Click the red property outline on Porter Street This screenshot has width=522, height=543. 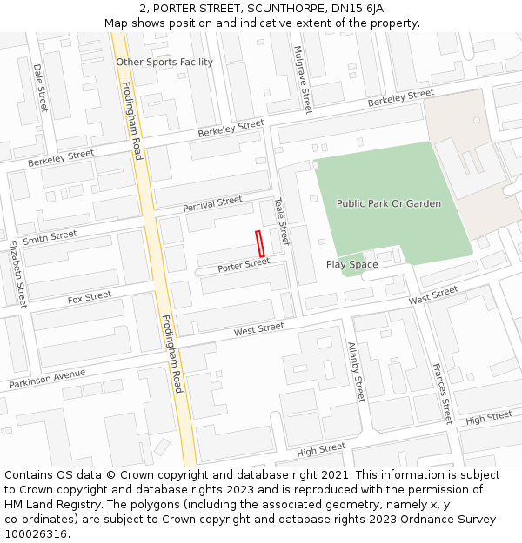[x=259, y=243]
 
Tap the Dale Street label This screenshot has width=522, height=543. [x=40, y=87]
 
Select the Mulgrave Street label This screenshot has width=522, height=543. [x=301, y=80]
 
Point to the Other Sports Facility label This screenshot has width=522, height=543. [x=164, y=63]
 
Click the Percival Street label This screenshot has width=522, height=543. [x=212, y=205]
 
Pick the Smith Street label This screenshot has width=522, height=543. [x=50, y=237]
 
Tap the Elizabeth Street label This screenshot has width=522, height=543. [x=17, y=274]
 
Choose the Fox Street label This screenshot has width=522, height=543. [x=90, y=298]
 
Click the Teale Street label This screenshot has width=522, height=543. [x=281, y=221]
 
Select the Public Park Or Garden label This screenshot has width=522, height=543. [x=389, y=203]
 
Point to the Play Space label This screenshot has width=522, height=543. [x=351, y=264]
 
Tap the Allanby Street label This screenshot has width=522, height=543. [x=355, y=371]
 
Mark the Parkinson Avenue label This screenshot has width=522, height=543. [x=48, y=379]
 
